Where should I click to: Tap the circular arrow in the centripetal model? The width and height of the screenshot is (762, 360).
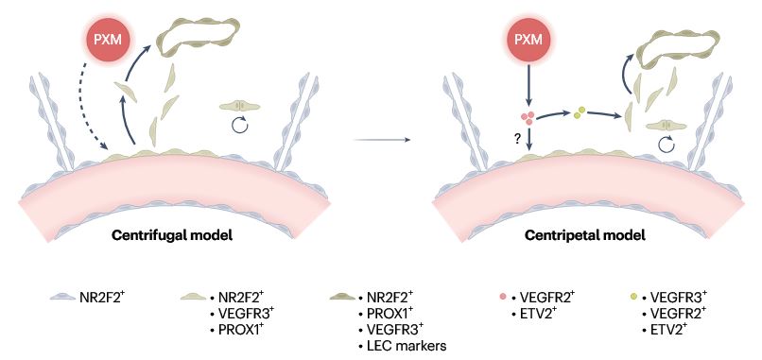tap(667, 146)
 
